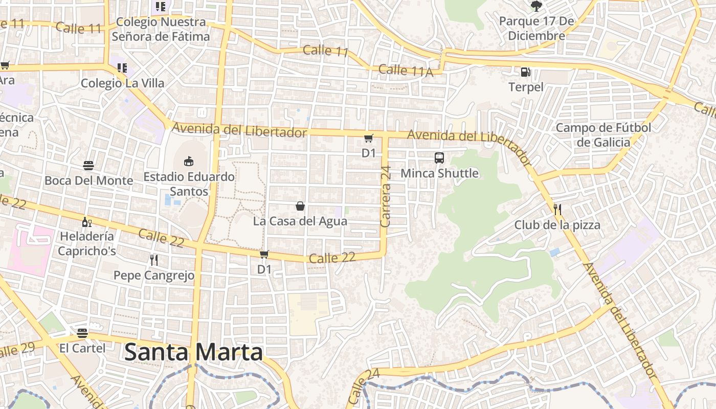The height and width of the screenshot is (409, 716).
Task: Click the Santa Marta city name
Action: coord(193,352)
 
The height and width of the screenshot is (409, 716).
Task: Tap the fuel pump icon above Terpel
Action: coord(525,73)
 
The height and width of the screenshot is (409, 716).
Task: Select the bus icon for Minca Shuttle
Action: coord(439,158)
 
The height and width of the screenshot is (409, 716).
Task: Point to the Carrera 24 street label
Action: coord(386,196)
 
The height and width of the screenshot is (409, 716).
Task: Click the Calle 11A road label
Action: coord(406,71)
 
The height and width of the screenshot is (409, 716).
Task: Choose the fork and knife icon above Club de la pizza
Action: coord(557,210)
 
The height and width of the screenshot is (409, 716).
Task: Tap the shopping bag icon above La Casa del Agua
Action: coord(300,206)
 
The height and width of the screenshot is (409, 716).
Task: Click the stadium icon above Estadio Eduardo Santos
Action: coord(189,161)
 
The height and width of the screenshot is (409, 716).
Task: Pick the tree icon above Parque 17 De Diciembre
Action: coord(536,6)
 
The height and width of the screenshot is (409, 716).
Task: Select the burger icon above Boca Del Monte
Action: coord(88,166)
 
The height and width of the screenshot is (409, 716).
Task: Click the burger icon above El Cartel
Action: coord(82,333)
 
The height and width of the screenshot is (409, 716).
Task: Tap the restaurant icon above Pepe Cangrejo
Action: coord(154,260)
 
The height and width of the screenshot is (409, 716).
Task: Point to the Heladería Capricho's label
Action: coord(86,244)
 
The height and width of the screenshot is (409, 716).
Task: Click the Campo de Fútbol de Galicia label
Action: coord(603,135)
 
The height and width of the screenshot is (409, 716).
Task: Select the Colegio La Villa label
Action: coord(123,83)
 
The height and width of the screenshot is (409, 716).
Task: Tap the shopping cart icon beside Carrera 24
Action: coord(369,138)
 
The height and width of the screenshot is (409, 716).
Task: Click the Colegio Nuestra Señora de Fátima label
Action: coord(161,29)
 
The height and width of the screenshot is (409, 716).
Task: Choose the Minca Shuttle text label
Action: coord(439,173)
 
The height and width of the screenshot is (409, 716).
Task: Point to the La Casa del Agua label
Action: coord(300,221)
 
